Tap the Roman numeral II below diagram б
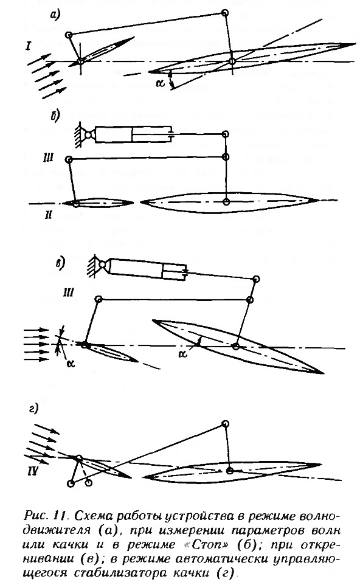coord(49,215)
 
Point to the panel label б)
coord(55,116)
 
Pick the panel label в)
coord(60,263)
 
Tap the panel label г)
coord(34,409)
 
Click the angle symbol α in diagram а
coord(161,83)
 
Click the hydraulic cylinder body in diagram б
coord(133,134)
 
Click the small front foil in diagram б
coord(98,203)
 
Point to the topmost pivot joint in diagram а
coord(224,13)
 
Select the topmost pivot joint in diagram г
coord(224,423)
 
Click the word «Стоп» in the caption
coord(206,544)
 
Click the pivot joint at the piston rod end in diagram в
coord(256,279)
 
